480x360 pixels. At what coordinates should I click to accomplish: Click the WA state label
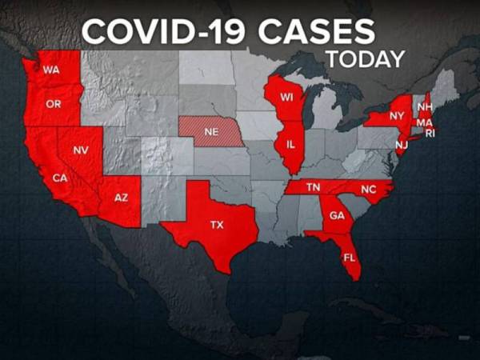(x=51, y=70)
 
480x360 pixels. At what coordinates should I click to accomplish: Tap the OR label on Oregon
(x=54, y=105)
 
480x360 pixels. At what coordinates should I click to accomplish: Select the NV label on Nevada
(x=81, y=150)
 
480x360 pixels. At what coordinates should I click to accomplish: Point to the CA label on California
(x=59, y=178)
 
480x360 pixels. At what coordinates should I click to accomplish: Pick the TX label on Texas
(x=217, y=225)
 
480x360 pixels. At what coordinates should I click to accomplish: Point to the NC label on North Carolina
(x=367, y=190)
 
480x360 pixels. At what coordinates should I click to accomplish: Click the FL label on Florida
(x=349, y=258)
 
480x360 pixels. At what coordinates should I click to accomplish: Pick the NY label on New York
(x=396, y=116)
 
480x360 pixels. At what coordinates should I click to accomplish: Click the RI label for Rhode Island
(x=430, y=133)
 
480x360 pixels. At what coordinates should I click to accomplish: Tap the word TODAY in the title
(x=365, y=60)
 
